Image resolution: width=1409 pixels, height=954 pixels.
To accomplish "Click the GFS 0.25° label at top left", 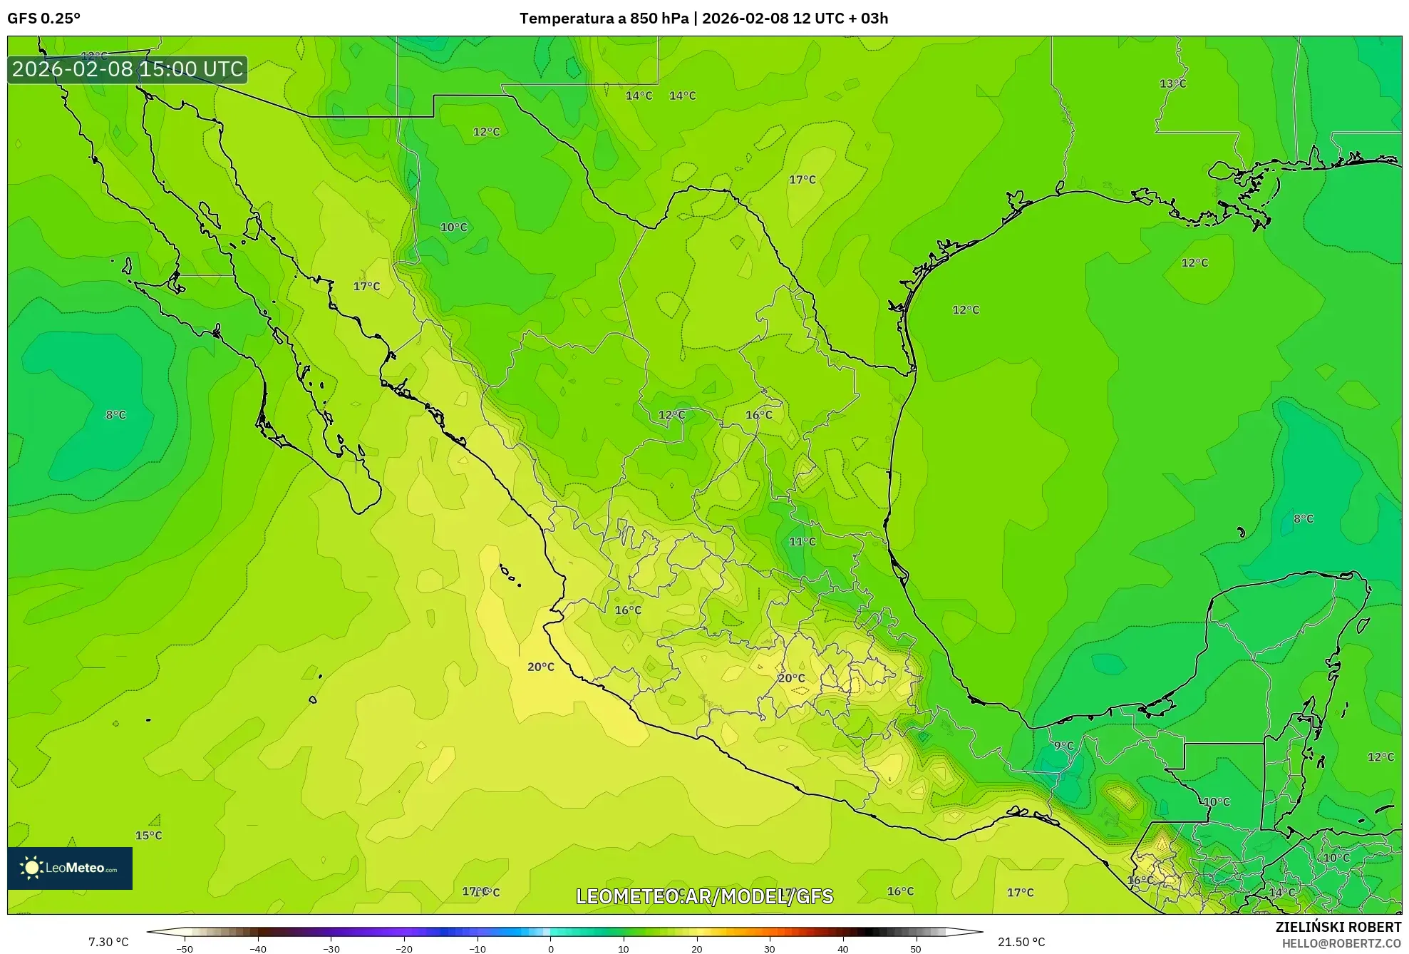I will (43, 19).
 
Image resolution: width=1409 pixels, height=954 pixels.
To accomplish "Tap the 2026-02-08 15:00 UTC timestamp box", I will (128, 69).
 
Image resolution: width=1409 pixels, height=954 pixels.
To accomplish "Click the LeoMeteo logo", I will (70, 868).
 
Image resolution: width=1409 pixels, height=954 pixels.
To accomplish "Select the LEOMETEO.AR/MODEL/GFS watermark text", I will (704, 896).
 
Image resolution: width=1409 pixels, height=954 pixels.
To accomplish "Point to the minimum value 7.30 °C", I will (108, 942).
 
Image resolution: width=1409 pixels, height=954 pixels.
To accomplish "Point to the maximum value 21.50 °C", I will (1021, 942).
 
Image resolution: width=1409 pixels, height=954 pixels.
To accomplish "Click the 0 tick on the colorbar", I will (550, 949).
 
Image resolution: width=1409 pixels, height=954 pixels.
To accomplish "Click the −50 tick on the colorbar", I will (185, 949).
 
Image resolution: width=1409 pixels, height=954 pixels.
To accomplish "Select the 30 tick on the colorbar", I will (770, 949).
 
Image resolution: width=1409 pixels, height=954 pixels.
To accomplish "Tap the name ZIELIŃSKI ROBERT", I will (1338, 927).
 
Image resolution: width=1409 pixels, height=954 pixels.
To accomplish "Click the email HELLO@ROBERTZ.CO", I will (1341, 943).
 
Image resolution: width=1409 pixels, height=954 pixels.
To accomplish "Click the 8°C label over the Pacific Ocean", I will (115, 415).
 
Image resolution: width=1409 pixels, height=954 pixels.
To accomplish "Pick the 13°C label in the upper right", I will (1172, 84).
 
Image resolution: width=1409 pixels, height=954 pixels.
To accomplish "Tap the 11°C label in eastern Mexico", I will (802, 542).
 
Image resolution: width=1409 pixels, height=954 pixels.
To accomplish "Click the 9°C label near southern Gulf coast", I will (1063, 746).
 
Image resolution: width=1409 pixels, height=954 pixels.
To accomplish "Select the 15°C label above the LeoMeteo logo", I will (148, 836).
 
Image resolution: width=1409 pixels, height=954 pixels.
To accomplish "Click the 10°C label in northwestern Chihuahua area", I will (453, 227).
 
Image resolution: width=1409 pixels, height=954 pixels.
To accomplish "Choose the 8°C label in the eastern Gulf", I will (1303, 519).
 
